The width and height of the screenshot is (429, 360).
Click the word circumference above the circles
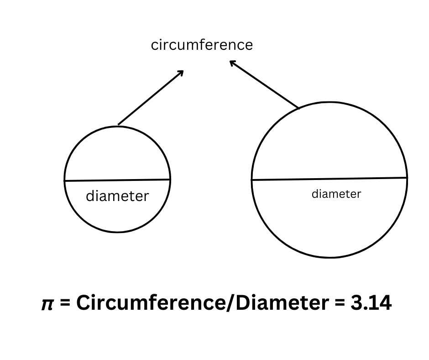pyautogui.click(x=202, y=45)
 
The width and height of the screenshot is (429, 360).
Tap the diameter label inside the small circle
pyautogui.click(x=117, y=196)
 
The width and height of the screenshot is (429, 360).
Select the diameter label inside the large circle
pyautogui.click(x=336, y=194)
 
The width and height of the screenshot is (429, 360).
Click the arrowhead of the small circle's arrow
pyautogui.click(x=182, y=72)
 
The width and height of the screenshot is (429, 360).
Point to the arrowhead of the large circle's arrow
pyautogui.click(x=231, y=62)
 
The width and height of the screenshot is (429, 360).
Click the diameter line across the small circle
pyautogui.click(x=117, y=180)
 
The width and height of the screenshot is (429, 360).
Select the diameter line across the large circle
pyautogui.click(x=329, y=179)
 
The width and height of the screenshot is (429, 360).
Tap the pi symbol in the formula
pyautogui.click(x=47, y=304)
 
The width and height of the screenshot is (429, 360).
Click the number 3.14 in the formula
pyautogui.click(x=371, y=303)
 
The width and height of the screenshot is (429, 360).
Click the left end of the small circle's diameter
pyautogui.click(x=65, y=181)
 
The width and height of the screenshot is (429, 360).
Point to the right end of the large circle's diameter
pyautogui.click(x=407, y=177)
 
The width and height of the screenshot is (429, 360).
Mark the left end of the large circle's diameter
pyautogui.click(x=252, y=180)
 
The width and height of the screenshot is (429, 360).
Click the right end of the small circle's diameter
pyautogui.click(x=170, y=180)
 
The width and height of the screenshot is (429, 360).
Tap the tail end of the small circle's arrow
pyautogui.click(x=118, y=124)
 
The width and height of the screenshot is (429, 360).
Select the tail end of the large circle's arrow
pyautogui.click(x=299, y=108)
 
